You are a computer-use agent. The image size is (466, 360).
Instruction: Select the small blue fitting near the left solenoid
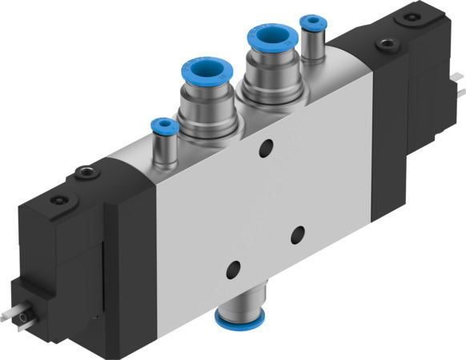pyautogui.click(x=164, y=126)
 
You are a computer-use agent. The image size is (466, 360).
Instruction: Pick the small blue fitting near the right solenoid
pyautogui.click(x=311, y=21)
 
